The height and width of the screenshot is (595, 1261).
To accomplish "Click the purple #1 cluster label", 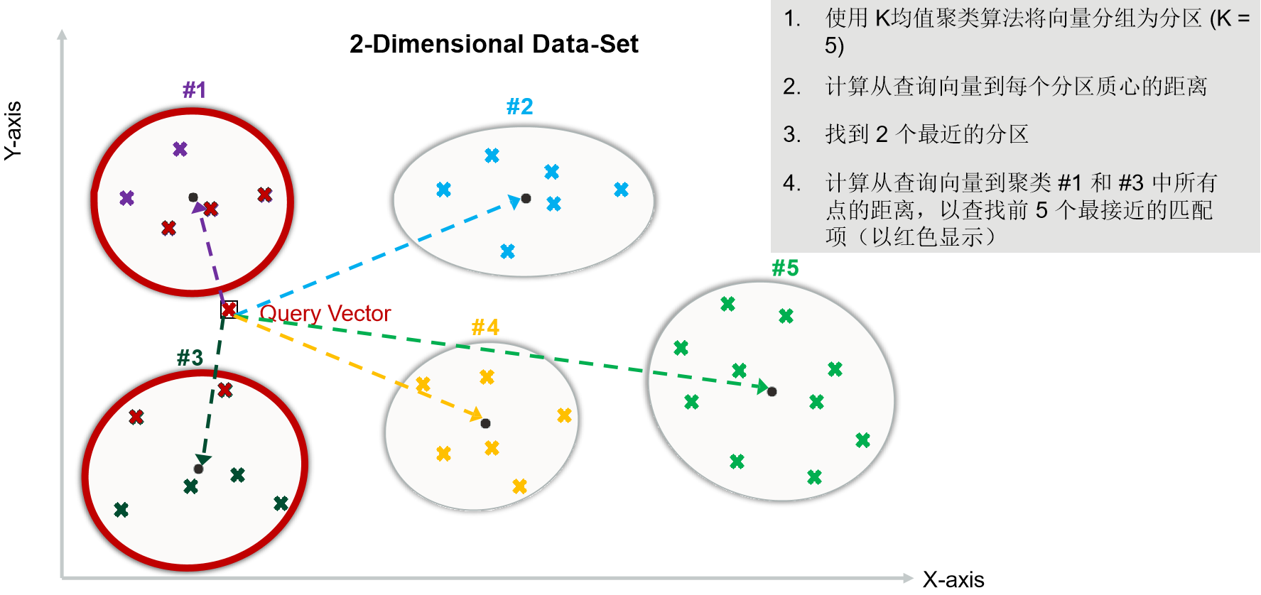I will click(x=194, y=89).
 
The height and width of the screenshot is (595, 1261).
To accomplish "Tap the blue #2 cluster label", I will click(x=519, y=107).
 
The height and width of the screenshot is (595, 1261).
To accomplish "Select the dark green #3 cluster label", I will click(x=190, y=357).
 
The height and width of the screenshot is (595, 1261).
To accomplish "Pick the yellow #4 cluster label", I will click(x=485, y=327).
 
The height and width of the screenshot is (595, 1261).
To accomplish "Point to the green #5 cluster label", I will click(x=785, y=268).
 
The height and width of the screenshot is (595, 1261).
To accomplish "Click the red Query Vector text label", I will click(x=325, y=313).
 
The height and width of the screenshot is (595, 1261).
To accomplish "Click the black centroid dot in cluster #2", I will click(x=526, y=198).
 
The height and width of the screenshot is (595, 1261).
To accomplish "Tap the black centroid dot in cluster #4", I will click(x=485, y=423).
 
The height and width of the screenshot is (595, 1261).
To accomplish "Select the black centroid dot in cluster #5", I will click(x=772, y=391).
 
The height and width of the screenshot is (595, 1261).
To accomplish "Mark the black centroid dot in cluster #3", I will click(x=198, y=469).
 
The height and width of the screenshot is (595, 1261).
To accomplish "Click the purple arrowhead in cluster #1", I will click(x=199, y=208).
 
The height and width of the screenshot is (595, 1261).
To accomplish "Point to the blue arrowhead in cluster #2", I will click(x=513, y=202).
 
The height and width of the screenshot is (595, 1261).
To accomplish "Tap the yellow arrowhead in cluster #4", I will click(x=475, y=414).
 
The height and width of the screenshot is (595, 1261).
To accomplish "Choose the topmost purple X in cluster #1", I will click(x=180, y=149).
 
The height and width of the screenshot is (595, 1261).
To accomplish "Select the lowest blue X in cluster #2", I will click(x=507, y=251).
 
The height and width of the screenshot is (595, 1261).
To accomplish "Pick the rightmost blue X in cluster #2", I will click(x=621, y=190).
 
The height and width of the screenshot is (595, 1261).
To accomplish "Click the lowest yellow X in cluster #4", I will click(x=519, y=486).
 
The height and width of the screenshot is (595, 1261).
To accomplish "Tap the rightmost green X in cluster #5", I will click(x=862, y=440).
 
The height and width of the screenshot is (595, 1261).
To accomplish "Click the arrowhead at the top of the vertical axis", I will click(x=63, y=34).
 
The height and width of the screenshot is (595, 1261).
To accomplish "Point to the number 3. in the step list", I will click(x=791, y=134).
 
